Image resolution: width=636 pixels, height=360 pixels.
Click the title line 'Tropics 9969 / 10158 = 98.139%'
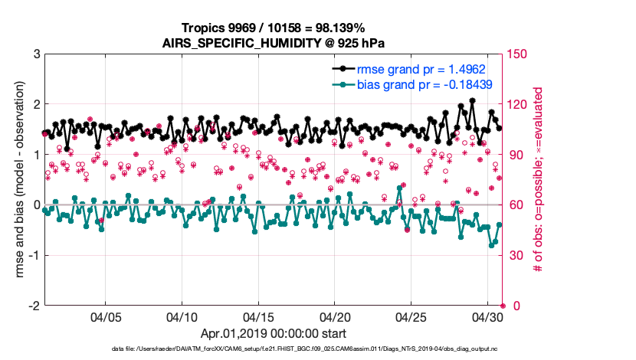point(274,28)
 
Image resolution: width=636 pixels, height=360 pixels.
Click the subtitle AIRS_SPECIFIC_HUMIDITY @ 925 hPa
point(274,43)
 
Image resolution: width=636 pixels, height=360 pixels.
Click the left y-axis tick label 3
point(36,54)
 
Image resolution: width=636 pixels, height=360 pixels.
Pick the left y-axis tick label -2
point(34,306)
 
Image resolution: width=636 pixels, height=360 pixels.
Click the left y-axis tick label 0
point(36,205)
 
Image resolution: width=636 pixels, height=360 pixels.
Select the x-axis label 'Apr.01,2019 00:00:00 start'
point(274,334)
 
